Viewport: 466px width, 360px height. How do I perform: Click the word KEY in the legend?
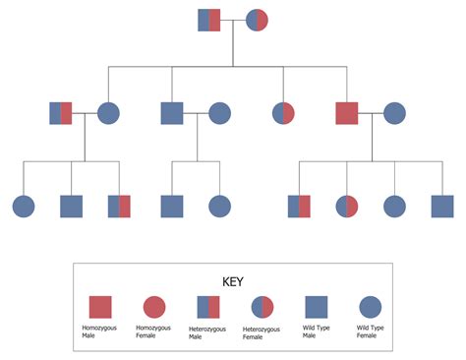[x=233, y=281]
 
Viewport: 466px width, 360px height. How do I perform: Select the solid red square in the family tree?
[x=347, y=113]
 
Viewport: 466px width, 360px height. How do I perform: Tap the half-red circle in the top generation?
[x=257, y=20]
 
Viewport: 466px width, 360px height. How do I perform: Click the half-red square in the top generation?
[x=209, y=20]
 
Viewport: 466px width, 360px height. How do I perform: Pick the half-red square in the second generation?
[x=61, y=113]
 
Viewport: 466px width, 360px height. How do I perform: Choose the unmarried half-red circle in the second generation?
[x=284, y=113]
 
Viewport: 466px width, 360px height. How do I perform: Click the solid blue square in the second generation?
[x=172, y=113]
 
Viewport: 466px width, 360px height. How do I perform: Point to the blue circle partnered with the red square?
[x=394, y=113]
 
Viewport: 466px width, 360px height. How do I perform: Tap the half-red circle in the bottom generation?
[x=347, y=207]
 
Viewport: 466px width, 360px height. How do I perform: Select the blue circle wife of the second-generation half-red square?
[x=108, y=113]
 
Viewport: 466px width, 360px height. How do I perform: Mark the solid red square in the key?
[x=101, y=308]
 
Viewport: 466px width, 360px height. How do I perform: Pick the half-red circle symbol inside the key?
[x=262, y=308]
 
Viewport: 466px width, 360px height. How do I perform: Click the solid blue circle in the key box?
[x=370, y=308]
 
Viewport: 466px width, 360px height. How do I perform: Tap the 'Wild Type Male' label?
[x=317, y=335]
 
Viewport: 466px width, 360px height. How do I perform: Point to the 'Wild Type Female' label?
[x=371, y=335]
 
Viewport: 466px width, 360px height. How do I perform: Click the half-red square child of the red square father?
[x=299, y=207]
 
